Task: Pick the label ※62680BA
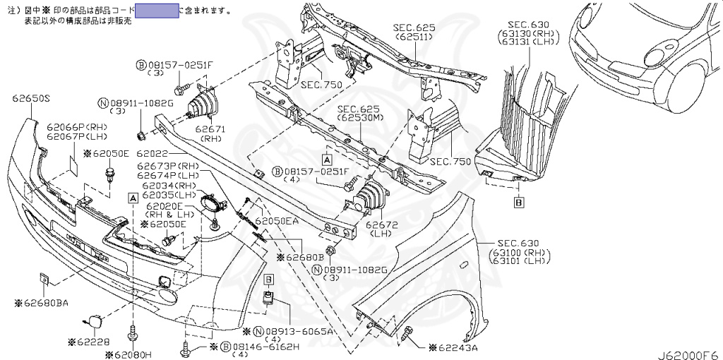point(42,303)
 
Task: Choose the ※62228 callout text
point(92,342)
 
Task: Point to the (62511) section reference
point(414,37)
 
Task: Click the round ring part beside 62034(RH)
point(210,203)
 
